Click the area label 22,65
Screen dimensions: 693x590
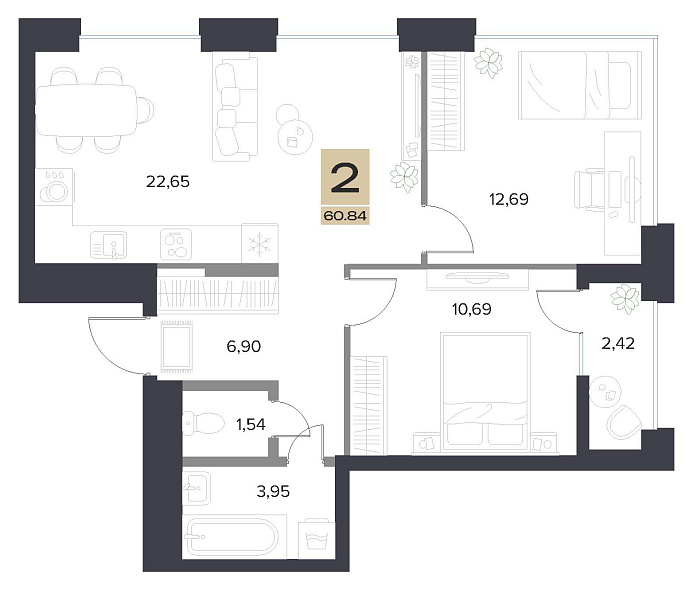point(168,181)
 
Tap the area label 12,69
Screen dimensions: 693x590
point(509,199)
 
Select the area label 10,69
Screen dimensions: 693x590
point(472,309)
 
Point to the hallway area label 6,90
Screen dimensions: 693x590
point(244,346)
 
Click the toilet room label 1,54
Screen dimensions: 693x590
point(251,424)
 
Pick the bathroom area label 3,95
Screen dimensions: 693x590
point(273,491)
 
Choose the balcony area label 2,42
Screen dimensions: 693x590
point(618,343)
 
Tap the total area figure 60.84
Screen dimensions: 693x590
point(345,216)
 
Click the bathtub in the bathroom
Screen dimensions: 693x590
point(233,537)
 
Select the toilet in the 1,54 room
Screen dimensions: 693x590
point(203,423)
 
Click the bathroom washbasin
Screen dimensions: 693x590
point(197,488)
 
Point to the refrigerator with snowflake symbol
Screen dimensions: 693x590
point(259,244)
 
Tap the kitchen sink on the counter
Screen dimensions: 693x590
point(109,245)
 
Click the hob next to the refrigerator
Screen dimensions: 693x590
point(176,244)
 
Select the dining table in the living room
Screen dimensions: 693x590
point(87,110)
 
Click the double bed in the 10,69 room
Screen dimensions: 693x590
point(485,393)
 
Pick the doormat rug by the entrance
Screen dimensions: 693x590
point(177,346)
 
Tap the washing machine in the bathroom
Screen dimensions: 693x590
point(317,538)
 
